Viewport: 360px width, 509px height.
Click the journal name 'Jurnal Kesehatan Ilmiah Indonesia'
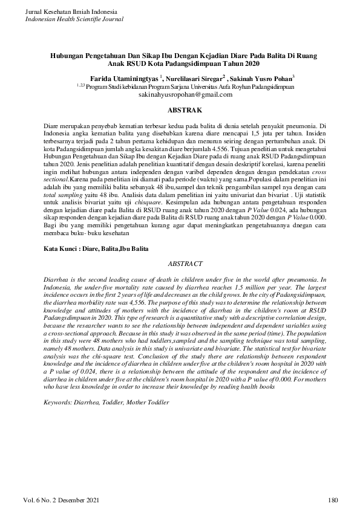click(x=71, y=12)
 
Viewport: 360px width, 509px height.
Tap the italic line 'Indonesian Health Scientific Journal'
click(x=74, y=19)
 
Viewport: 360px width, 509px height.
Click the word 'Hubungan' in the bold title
click(x=68, y=55)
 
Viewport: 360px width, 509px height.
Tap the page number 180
click(x=332, y=499)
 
